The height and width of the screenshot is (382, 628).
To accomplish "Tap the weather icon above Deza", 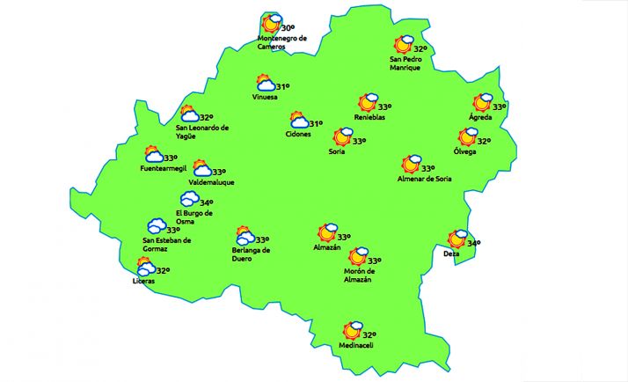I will click(x=457, y=239).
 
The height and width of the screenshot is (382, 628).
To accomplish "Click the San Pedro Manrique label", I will click(x=405, y=63).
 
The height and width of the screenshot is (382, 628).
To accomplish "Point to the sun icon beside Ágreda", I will click(x=482, y=103).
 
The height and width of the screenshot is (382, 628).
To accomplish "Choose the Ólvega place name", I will click(x=464, y=151).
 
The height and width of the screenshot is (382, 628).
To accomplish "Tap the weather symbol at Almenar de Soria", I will click(x=411, y=164).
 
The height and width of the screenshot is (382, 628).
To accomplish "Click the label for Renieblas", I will click(x=369, y=117).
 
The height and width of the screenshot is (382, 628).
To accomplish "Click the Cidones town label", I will click(x=298, y=134).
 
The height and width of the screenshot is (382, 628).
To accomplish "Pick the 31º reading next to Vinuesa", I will click(x=283, y=86).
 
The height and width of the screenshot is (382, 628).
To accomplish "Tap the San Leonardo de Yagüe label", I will click(x=202, y=131).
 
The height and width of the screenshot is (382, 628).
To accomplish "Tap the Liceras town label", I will click(x=143, y=281).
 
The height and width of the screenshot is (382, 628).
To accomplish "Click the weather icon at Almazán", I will click(x=327, y=232).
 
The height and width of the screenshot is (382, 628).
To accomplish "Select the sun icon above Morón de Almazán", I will click(x=357, y=256).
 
